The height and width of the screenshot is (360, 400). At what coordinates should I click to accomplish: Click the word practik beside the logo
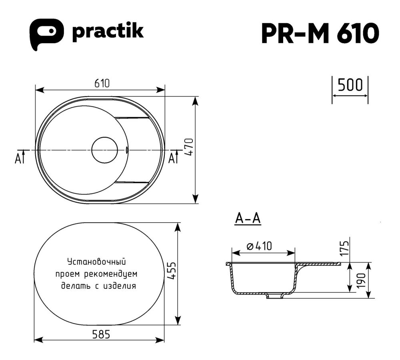107,32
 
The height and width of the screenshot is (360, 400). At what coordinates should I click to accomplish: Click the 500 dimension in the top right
350,85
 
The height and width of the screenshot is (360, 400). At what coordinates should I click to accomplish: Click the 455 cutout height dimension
171,272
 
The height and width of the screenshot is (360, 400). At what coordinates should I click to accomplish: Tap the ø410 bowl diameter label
259,246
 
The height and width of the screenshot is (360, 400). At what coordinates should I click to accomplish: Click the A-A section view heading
248,219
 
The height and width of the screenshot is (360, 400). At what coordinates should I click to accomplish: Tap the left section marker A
18,159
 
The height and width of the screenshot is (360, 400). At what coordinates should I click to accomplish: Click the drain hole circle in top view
104,150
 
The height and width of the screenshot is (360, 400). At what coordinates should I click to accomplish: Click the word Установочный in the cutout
97,262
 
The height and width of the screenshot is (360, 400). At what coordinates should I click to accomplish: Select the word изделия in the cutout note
119,286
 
